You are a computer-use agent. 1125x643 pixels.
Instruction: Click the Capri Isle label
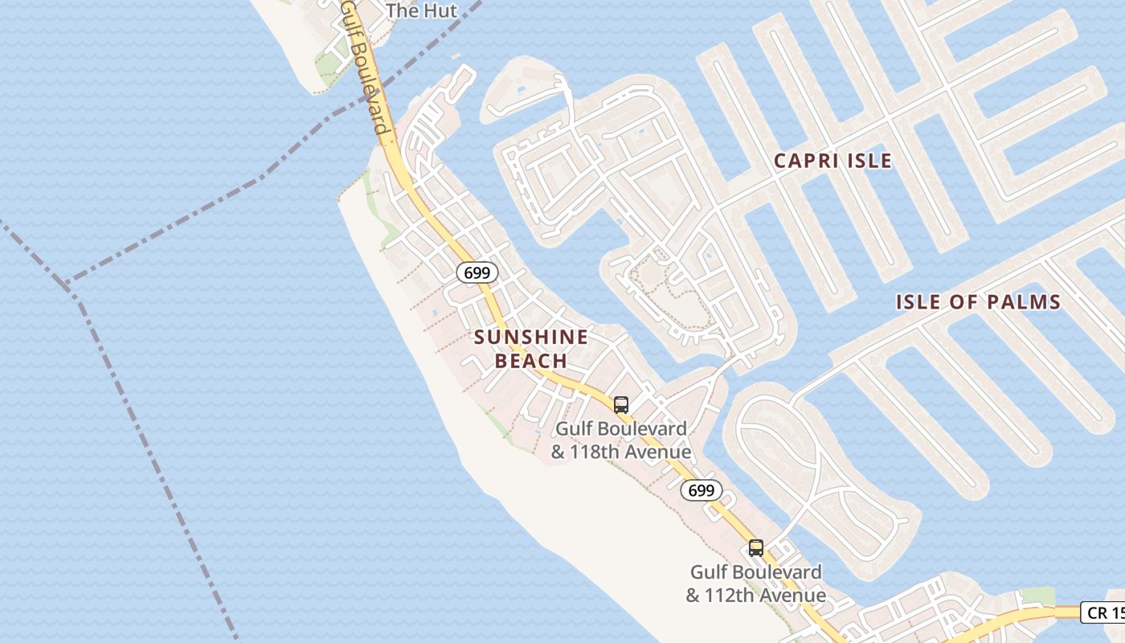click(832, 161)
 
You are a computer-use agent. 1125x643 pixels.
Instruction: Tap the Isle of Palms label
click(978, 302)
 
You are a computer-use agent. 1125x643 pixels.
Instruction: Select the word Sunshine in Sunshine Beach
click(530, 337)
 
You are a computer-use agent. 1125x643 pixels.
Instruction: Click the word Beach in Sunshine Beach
click(530, 361)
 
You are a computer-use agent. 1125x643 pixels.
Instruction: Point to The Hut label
click(421, 10)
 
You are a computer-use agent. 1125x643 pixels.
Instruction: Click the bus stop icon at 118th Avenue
click(620, 404)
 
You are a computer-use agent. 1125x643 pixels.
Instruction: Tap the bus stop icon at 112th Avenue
click(755, 548)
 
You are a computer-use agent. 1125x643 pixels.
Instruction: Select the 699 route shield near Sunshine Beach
click(477, 272)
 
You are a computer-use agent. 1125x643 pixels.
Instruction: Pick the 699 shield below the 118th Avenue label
click(701, 490)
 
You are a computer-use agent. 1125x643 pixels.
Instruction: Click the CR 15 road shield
click(1102, 612)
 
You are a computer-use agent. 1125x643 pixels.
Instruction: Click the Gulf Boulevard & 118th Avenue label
click(620, 440)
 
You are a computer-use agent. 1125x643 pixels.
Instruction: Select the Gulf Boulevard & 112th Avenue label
click(755, 584)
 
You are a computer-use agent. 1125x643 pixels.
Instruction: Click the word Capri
click(804, 161)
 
